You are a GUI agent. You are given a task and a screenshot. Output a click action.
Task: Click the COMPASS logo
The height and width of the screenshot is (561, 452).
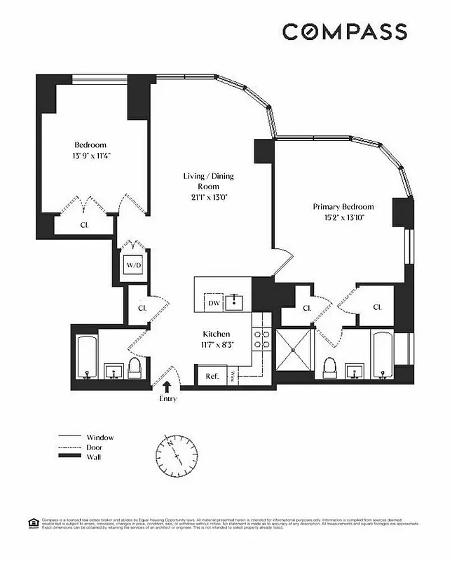pos(344,32)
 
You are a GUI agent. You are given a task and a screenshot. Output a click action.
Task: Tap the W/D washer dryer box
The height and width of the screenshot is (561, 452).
pos(134,266)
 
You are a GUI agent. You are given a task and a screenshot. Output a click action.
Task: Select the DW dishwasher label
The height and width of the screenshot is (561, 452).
pos(214,303)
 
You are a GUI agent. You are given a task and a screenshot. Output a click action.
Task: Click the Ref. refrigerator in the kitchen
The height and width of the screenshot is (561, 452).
pos(212,376)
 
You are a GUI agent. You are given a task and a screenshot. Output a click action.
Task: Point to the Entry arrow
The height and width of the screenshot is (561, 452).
pos(167,386)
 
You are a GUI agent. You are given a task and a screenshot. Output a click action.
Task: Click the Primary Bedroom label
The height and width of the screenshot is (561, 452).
pos(343,207)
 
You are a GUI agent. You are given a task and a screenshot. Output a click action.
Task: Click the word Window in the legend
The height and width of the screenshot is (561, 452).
pos(100,437)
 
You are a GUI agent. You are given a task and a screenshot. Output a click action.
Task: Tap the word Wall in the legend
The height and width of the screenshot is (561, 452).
pos(95,457)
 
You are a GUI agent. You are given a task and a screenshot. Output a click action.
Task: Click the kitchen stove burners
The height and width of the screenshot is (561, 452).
pos(261,339)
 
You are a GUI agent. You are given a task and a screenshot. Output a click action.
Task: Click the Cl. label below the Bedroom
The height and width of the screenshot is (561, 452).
pos(83,225)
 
